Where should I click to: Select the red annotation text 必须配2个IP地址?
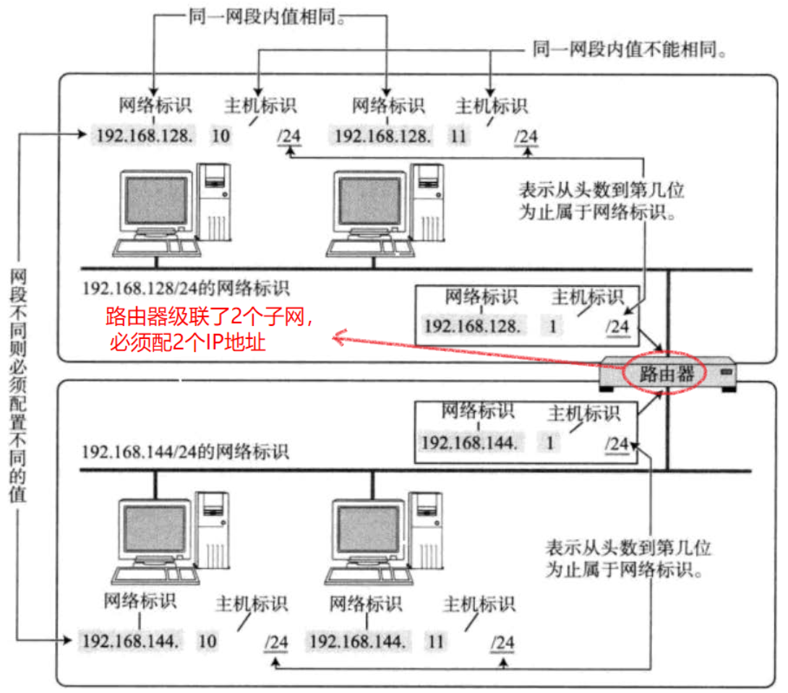(187, 341)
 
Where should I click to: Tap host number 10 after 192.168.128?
(221, 135)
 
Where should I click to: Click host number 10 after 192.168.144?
(207, 640)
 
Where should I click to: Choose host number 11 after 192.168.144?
(436, 640)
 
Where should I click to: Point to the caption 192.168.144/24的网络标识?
(185, 452)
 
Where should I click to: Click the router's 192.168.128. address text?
(471, 327)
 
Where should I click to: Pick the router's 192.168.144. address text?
(470, 442)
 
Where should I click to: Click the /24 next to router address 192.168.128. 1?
(617, 327)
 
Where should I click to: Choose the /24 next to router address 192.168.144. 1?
(616, 443)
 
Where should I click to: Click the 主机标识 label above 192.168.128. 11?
(492, 106)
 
